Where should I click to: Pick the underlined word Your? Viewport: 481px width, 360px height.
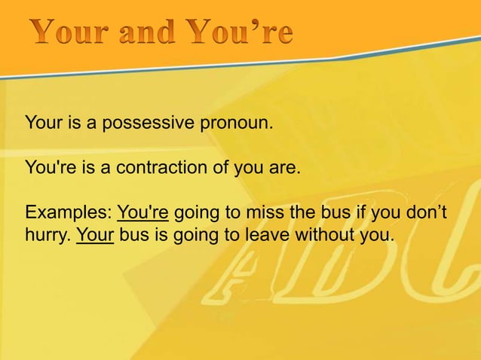tap(95, 238)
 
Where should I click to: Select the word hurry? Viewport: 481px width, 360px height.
tap(47, 238)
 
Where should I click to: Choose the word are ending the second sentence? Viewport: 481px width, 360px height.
tap(285, 168)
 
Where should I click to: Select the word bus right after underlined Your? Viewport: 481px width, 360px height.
tap(133, 238)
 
